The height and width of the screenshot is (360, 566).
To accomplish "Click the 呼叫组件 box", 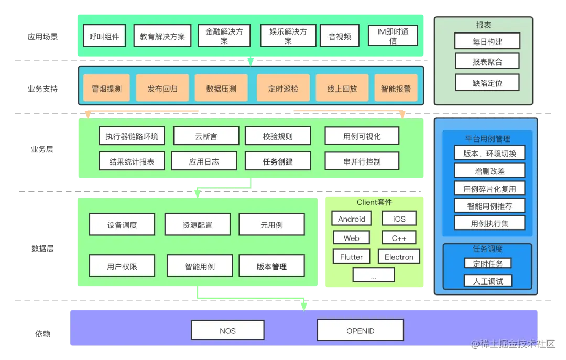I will tap(104, 37).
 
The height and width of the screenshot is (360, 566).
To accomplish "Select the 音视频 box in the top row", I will tap(340, 37).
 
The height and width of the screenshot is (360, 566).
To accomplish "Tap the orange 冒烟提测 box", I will tap(106, 89).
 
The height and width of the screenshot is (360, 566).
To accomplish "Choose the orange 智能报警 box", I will tap(396, 89).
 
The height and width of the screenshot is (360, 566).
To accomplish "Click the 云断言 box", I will tap(206, 136).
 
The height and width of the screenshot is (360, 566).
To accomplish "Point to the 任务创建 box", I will tap(278, 161).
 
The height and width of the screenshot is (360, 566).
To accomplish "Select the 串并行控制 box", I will tap(362, 161).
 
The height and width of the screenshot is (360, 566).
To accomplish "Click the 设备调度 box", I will tap(122, 225).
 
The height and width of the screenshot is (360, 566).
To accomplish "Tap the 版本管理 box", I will tap(271, 266).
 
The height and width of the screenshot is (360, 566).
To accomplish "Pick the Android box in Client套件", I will tap(351, 219).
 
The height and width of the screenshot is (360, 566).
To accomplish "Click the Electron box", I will tap(399, 257).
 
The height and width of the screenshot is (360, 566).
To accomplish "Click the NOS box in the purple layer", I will tap(227, 331).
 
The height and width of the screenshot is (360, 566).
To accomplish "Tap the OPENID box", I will tap(361, 331).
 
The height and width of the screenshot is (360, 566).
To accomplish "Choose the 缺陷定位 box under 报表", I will tap(487, 82).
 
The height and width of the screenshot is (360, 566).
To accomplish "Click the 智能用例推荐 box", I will tap(489, 206).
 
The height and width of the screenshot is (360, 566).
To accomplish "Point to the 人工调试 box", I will tap(487, 281).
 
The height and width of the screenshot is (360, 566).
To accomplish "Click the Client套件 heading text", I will tap(374, 202).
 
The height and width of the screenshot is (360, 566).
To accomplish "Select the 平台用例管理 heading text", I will tap(487, 139).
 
